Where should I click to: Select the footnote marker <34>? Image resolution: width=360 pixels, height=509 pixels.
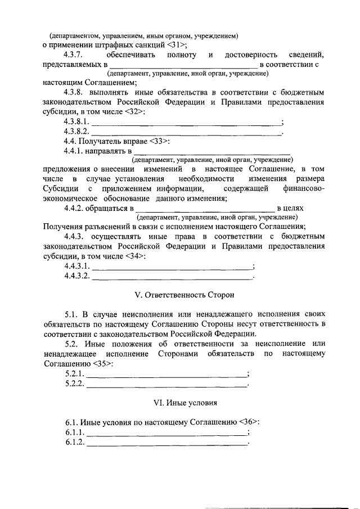tap(135, 256)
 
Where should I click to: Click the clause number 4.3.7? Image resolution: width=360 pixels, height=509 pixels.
tap(74, 55)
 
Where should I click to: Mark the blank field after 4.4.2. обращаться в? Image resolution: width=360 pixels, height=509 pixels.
tap(209, 208)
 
